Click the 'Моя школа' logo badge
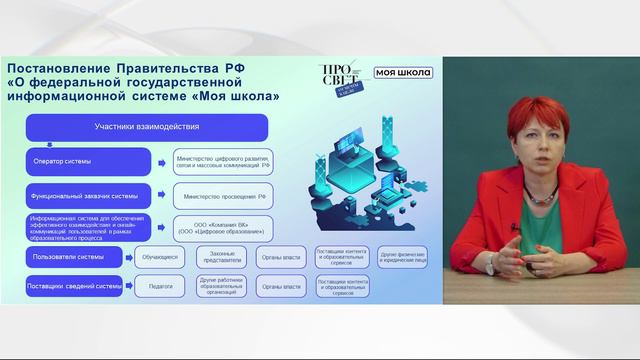(x=405, y=72)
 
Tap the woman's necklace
(x=543, y=195)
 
